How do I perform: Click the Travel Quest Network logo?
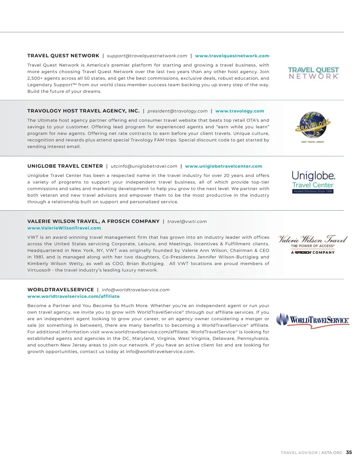313,73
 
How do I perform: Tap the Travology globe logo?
313,126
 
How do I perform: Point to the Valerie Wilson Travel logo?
313,244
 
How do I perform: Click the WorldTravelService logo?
313,320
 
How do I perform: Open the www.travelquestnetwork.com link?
232,56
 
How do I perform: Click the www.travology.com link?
240,111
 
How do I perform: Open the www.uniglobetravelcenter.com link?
223,166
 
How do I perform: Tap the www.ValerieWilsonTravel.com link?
64,228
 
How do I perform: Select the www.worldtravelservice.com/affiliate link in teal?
73,296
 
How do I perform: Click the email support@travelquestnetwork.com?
147,56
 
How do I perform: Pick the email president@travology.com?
177,111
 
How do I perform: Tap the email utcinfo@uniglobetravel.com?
144,166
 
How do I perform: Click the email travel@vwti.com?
187,221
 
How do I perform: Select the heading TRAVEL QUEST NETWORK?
63,56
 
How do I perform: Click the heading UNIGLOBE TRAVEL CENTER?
65,166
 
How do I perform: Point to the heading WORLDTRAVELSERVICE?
61,290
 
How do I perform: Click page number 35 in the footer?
349,452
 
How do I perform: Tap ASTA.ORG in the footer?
332,453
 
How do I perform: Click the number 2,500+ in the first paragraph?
35,78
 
